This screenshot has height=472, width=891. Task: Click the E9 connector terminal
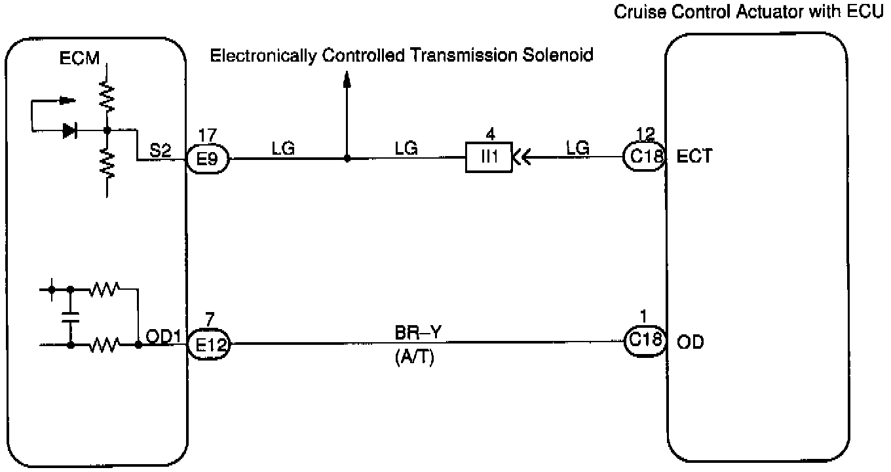207,158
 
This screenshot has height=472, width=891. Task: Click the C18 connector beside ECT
644,157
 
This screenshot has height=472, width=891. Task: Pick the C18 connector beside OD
645,342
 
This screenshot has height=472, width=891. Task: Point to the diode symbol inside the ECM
69,130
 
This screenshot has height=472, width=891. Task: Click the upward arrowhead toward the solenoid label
347,80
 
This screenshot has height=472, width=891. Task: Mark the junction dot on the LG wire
347,158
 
